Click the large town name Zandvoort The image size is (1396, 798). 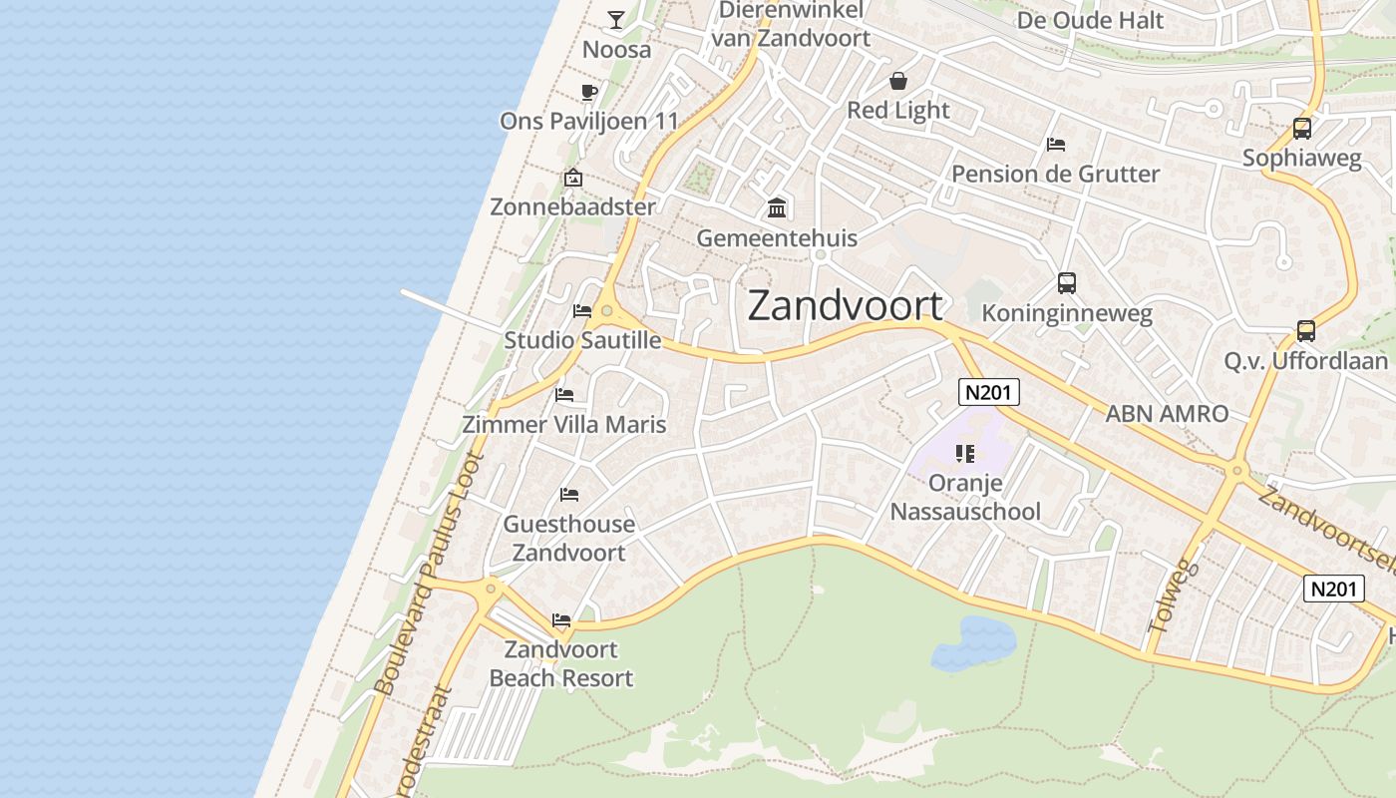845,306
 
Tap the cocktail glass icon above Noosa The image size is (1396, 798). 616,19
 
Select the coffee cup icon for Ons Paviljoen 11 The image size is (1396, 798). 588,92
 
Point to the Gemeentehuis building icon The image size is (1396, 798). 777,208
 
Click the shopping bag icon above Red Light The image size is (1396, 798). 898,81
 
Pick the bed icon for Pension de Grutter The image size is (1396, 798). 1056,145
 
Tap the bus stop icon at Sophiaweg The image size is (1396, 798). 1301,129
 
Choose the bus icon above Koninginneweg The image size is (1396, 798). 1067,283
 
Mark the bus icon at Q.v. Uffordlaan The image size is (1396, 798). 1305,331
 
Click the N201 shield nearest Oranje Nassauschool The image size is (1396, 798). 989,392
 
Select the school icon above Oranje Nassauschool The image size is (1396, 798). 964,454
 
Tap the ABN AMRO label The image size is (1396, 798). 1167,413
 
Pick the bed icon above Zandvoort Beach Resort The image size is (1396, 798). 561,620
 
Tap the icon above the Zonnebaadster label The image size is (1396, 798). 572,179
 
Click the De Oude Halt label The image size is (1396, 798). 1090,20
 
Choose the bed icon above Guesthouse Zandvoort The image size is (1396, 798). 569,495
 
